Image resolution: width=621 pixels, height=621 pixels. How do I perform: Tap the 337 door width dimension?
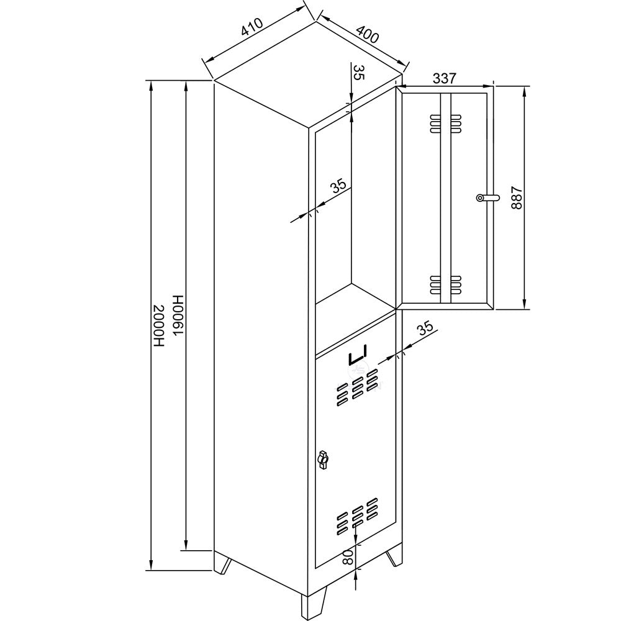(x=445, y=78)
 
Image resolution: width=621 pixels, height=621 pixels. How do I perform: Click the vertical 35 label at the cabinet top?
(x=358, y=72)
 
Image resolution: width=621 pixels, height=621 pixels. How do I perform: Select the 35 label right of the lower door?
(x=424, y=330)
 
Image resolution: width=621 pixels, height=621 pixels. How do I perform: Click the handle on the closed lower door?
(x=322, y=460)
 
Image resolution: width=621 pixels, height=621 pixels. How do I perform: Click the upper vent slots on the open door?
(x=445, y=123)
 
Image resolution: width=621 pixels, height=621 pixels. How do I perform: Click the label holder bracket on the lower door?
(x=358, y=356)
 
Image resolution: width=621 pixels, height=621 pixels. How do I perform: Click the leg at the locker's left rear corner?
(x=224, y=564)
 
